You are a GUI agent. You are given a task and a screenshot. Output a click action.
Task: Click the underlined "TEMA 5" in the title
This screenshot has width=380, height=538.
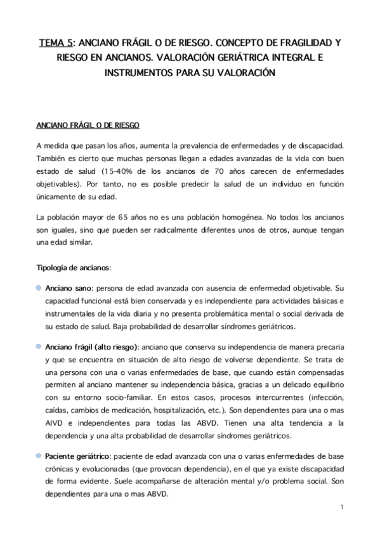click(55, 43)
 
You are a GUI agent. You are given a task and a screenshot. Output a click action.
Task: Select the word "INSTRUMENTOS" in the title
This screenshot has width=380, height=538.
click(138, 72)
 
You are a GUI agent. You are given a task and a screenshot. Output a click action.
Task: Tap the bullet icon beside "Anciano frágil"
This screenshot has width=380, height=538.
click(39, 347)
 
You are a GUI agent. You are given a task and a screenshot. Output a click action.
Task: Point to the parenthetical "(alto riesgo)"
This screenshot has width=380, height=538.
click(117, 348)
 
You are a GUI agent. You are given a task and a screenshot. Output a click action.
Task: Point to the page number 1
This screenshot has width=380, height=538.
click(341, 506)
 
